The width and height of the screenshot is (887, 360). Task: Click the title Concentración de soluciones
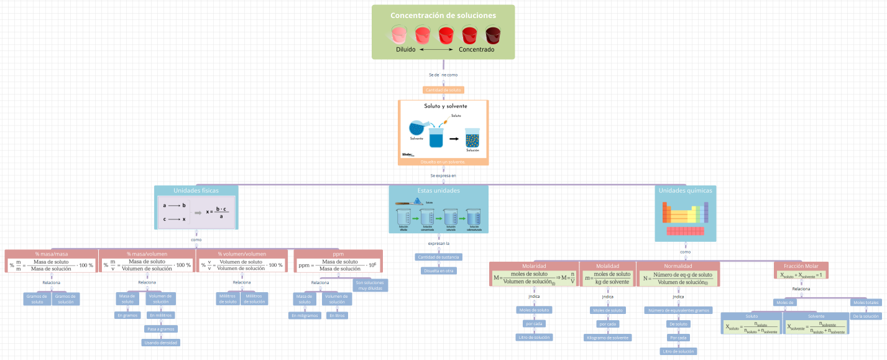tap(443, 16)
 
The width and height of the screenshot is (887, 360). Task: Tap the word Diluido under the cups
tap(405, 49)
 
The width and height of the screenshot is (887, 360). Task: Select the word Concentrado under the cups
tap(476, 49)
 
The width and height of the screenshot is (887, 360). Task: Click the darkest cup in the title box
tap(494, 34)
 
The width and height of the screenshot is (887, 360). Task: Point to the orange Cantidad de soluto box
tap(443, 90)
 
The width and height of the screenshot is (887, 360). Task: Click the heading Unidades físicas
tap(196, 190)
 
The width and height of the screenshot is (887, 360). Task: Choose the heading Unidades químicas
tap(685, 190)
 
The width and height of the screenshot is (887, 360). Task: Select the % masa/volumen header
tap(147, 254)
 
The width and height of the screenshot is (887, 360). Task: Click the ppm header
tap(338, 254)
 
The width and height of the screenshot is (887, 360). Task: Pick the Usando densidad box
tap(161, 343)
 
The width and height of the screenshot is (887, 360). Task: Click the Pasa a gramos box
tap(161, 329)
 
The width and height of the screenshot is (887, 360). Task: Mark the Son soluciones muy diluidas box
tap(370, 285)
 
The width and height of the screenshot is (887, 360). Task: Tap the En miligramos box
tap(305, 315)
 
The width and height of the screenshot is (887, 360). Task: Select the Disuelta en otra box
tap(438, 270)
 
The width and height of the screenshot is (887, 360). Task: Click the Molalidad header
tap(607, 265)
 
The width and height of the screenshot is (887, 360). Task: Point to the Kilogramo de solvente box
tap(607, 338)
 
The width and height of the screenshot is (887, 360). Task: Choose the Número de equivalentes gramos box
tap(678, 310)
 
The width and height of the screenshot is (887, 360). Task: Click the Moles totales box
tap(866, 303)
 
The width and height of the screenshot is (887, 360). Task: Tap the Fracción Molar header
tap(801, 265)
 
